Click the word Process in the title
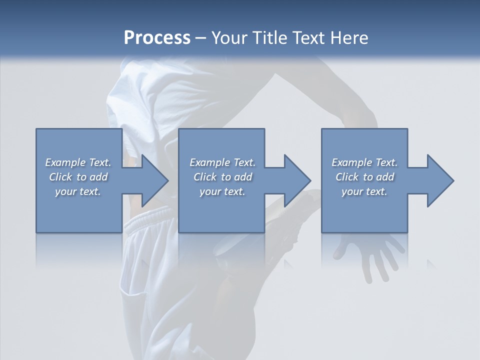tap(157, 37)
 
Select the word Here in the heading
tap(348, 37)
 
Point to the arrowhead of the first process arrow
tap(155, 180)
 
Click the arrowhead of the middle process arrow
tap(298, 180)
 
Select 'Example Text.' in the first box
tap(78, 162)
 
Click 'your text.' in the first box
tap(78, 191)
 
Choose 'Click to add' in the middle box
tap(222, 177)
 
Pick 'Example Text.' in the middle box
tap(222, 162)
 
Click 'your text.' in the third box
tap(364, 191)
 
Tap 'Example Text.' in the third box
tap(364, 162)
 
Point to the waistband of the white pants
tap(150, 220)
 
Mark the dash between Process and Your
tap(200, 38)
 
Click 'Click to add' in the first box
tap(78, 177)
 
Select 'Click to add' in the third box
tap(364, 177)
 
